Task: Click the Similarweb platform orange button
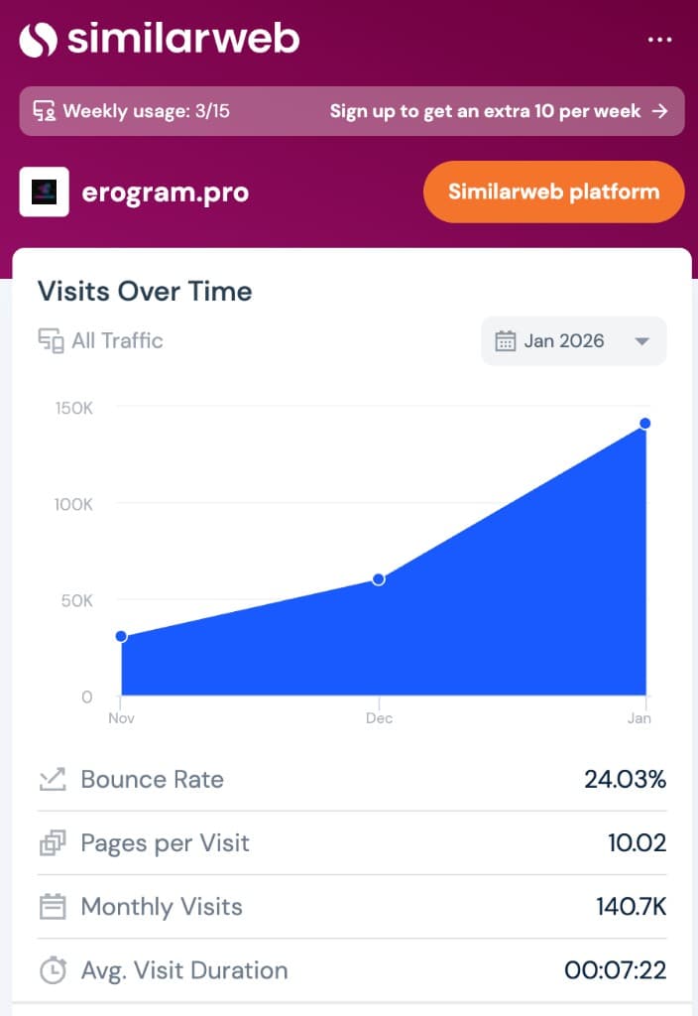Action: [x=553, y=191]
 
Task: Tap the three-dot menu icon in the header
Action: [x=659, y=40]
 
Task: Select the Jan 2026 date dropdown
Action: [x=573, y=341]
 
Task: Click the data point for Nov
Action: [x=121, y=636]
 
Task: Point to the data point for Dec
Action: [x=378, y=579]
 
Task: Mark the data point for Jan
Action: [x=644, y=424]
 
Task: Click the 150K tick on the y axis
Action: [x=74, y=408]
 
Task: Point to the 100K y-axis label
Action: [x=74, y=504]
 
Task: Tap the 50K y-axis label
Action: [x=76, y=600]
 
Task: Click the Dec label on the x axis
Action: [x=379, y=718]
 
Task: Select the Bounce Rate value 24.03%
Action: [x=625, y=780]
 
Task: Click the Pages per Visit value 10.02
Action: [x=637, y=843]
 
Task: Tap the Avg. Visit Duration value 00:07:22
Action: [x=615, y=970]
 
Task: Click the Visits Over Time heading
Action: [x=145, y=292]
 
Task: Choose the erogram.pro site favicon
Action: [x=45, y=191]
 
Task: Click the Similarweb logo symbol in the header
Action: [x=39, y=40]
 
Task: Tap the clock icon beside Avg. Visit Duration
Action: [x=53, y=970]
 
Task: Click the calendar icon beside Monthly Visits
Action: [x=53, y=907]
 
